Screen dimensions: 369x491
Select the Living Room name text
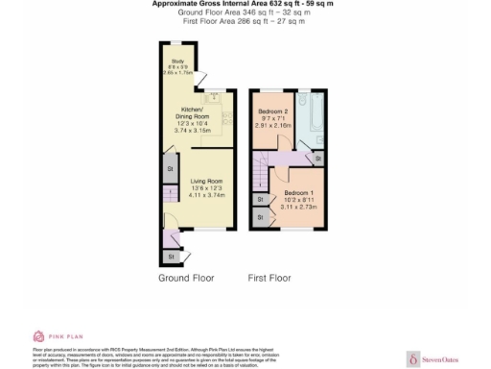pyautogui.click(x=194, y=181)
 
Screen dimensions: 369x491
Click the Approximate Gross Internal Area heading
pyautogui.click(x=249, y=4)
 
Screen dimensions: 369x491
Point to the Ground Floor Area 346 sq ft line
pyautogui.click(x=249, y=12)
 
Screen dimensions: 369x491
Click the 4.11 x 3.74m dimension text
pyautogui.click(x=194, y=194)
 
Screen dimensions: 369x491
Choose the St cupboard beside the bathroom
pyautogui.click(x=318, y=157)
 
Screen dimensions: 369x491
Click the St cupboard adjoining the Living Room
pyautogui.click(x=171, y=170)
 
